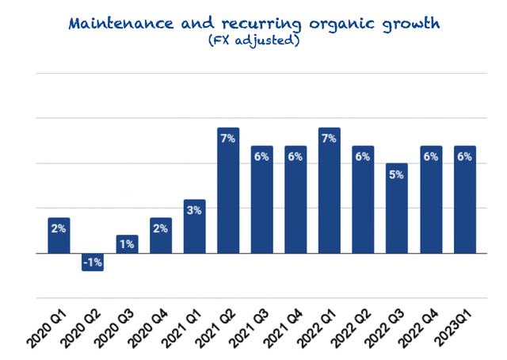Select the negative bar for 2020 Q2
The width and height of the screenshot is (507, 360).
click(x=93, y=262)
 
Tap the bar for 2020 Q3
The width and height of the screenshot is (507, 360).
click(x=127, y=245)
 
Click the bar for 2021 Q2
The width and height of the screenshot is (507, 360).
click(x=228, y=191)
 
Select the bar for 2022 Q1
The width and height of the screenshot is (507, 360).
click(x=330, y=191)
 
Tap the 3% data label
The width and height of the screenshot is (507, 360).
click(x=195, y=210)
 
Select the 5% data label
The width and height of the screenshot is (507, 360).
click(x=397, y=174)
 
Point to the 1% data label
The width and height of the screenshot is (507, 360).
click(x=127, y=246)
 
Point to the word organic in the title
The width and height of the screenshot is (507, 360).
click(x=334, y=23)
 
